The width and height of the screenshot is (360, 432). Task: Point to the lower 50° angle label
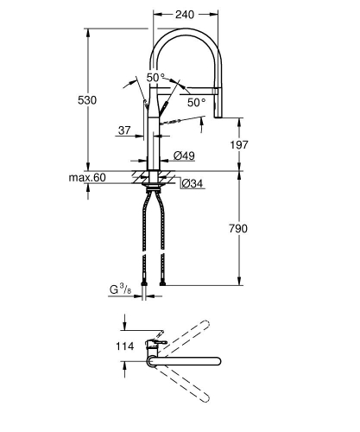(197, 102)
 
